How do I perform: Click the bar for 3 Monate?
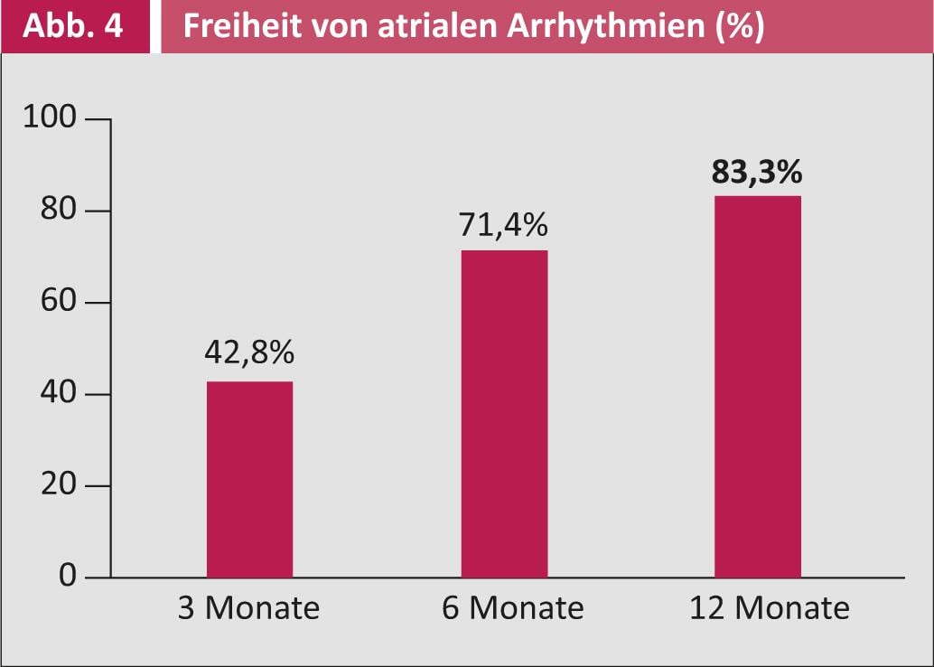[x=249, y=479]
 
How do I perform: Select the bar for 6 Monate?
[x=504, y=413]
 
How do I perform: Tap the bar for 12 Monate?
[x=757, y=386]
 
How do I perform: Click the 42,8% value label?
[x=249, y=353]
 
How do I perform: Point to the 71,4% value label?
[x=504, y=223]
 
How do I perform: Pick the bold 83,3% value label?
[x=757, y=170]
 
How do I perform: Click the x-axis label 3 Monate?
[x=249, y=608]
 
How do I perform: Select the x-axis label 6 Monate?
[x=512, y=608]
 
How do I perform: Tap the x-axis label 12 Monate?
[x=769, y=608]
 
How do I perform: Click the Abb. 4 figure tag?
[x=74, y=26]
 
